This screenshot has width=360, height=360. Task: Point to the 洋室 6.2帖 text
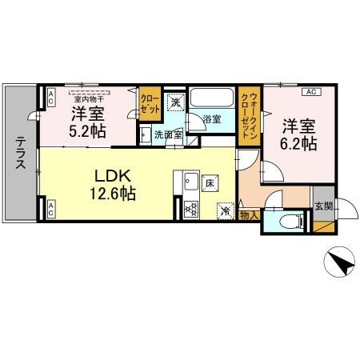(298, 135)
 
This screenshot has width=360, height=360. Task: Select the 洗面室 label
(168, 134)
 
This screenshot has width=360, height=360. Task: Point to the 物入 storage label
(249, 214)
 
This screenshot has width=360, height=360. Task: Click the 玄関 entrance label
(323, 206)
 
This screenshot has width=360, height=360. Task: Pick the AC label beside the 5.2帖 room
(50, 98)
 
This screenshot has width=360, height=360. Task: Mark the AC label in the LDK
(50, 210)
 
